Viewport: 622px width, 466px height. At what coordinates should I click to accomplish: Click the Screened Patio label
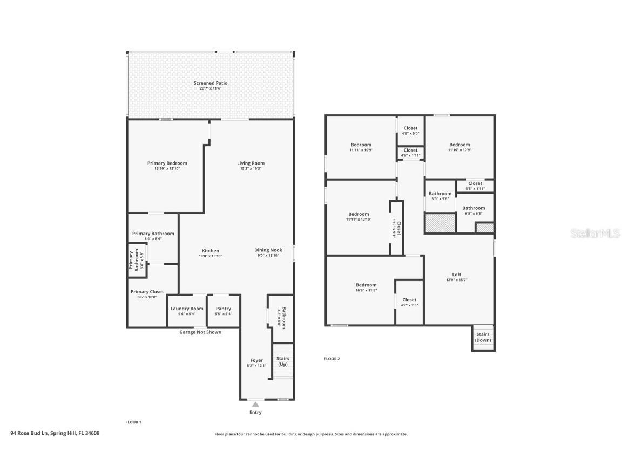point(211,83)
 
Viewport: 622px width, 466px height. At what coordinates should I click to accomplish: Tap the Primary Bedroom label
point(167,163)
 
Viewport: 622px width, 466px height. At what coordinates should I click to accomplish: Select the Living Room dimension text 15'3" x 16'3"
point(251,169)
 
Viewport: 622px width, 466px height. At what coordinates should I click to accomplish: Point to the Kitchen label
point(211,251)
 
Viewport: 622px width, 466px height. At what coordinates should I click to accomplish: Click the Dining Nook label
point(268,250)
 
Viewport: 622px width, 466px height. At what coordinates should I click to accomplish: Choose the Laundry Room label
point(187,309)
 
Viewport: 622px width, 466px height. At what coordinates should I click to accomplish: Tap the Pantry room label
point(223,309)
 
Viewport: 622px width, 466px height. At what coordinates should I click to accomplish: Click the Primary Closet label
point(147,292)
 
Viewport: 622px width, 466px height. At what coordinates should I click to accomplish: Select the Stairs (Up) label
point(282,361)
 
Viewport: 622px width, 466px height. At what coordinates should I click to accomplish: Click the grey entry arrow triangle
point(255,404)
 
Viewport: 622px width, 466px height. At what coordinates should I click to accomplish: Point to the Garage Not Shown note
point(200,332)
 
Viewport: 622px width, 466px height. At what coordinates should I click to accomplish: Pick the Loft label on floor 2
point(457,275)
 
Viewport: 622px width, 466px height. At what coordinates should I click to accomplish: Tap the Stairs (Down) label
point(483,338)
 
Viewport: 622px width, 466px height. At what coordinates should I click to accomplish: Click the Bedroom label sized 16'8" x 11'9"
point(366,285)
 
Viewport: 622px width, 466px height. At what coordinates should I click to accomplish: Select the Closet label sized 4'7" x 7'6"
point(409,300)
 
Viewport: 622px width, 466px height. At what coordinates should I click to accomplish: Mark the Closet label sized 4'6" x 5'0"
point(410,128)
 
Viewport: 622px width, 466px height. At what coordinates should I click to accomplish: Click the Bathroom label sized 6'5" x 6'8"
point(474,208)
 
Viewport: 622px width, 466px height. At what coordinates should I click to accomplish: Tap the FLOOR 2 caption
point(332,359)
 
